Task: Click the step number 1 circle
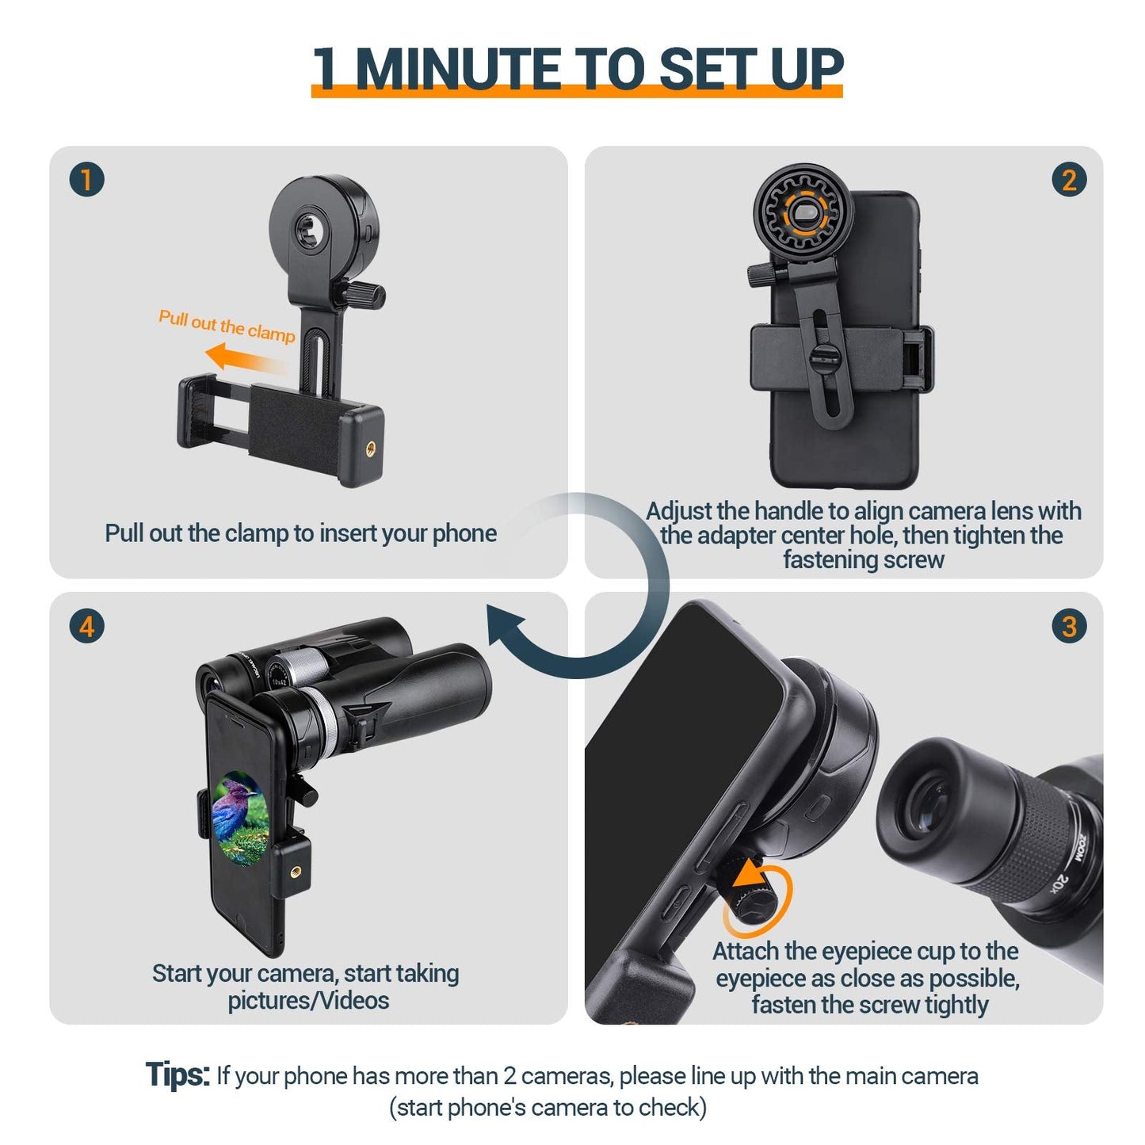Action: click(86, 180)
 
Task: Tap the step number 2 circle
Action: click(1068, 180)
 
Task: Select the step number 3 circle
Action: click(1068, 627)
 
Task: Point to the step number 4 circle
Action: click(86, 627)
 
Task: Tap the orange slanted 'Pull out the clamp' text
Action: click(227, 325)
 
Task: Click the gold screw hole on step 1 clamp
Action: click(370, 448)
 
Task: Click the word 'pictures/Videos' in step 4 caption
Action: click(308, 1001)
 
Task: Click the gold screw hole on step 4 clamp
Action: click(297, 872)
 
